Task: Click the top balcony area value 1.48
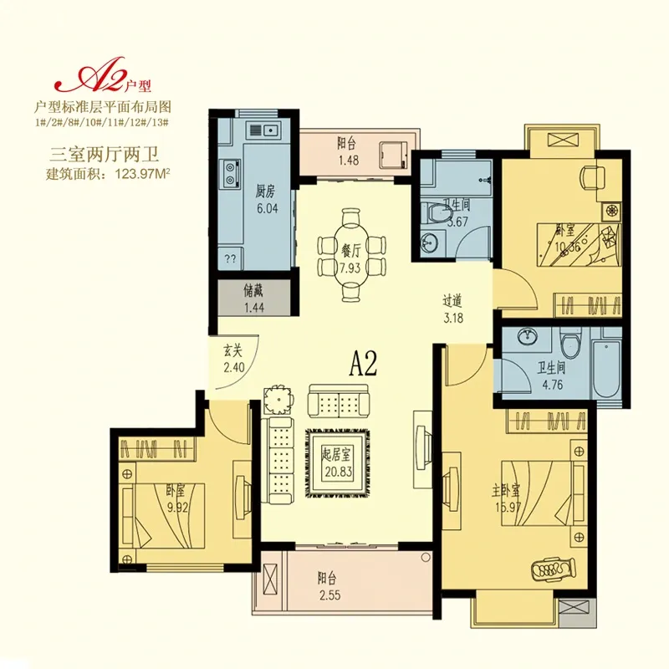point(348,161)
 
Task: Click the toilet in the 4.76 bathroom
point(572,347)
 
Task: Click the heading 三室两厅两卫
point(105,154)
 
